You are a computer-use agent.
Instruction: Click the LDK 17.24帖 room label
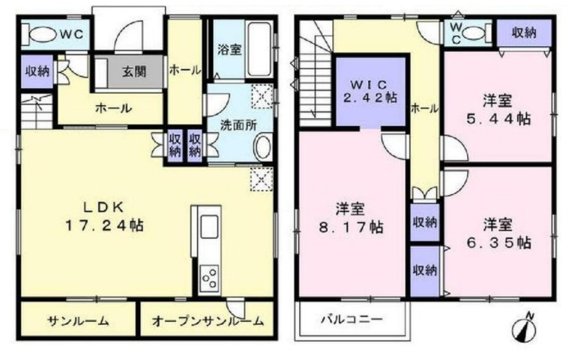pos(104,217)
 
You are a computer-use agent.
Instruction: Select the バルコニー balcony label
pos(351,320)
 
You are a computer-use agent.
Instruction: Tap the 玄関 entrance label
pos(133,72)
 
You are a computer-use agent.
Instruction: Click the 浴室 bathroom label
pos(230,51)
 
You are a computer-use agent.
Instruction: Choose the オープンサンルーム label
pos(207,321)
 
